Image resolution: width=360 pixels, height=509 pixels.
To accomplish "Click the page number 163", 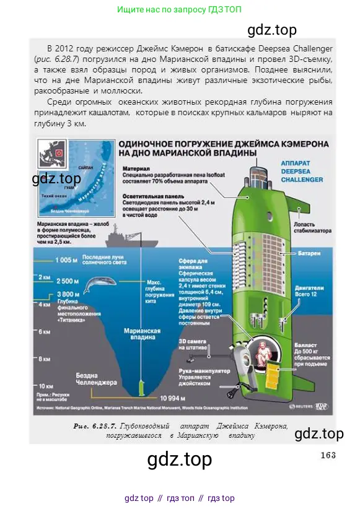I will [x=328, y=455].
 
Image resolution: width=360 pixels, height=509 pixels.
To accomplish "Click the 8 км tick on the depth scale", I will [x=45, y=359].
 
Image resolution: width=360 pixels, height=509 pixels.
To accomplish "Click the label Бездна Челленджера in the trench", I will [x=96, y=378].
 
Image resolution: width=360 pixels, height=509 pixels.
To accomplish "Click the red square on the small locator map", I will [x=59, y=151].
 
